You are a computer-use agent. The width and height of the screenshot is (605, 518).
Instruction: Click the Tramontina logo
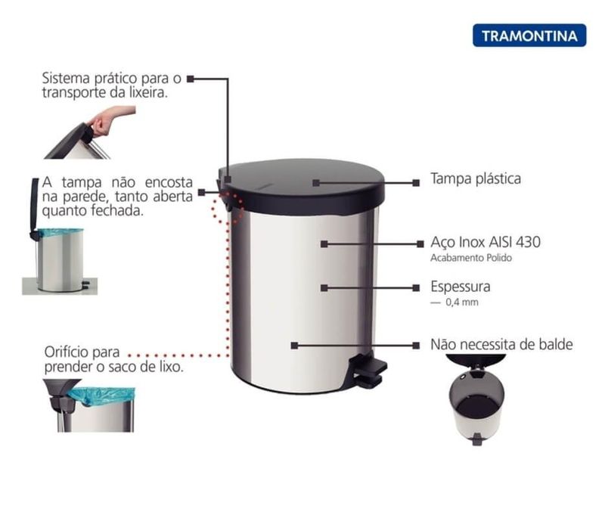tap(529, 36)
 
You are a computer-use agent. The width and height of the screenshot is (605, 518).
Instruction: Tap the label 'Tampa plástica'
tap(476, 179)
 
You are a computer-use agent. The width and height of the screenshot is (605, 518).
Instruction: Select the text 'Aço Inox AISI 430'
tap(486, 243)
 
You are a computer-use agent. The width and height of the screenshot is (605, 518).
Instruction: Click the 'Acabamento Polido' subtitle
tap(471, 258)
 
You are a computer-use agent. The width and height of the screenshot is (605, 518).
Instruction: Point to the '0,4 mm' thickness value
tap(462, 302)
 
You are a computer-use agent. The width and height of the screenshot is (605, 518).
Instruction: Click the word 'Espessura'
tap(461, 287)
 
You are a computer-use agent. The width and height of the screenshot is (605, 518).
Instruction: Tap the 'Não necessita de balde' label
tap(501, 344)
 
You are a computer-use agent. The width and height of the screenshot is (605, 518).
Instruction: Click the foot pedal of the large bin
tap(368, 371)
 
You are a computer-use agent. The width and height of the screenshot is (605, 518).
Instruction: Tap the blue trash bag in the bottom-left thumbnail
tap(101, 396)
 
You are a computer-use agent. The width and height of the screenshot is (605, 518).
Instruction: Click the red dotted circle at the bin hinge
tap(231, 206)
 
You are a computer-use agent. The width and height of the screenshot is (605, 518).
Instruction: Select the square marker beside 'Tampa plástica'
tap(416, 183)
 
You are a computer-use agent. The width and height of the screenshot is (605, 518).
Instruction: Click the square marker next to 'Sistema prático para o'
tap(191, 79)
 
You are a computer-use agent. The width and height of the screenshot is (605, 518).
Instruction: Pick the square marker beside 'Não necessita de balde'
tap(416, 346)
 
